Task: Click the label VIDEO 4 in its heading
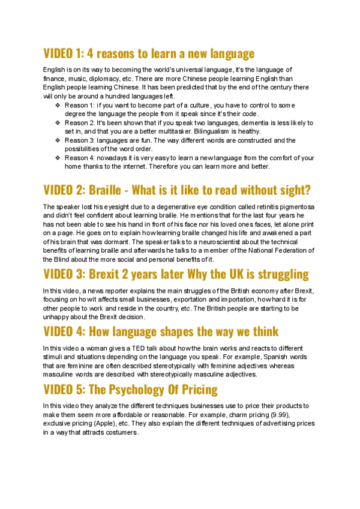[x=64, y=331]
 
